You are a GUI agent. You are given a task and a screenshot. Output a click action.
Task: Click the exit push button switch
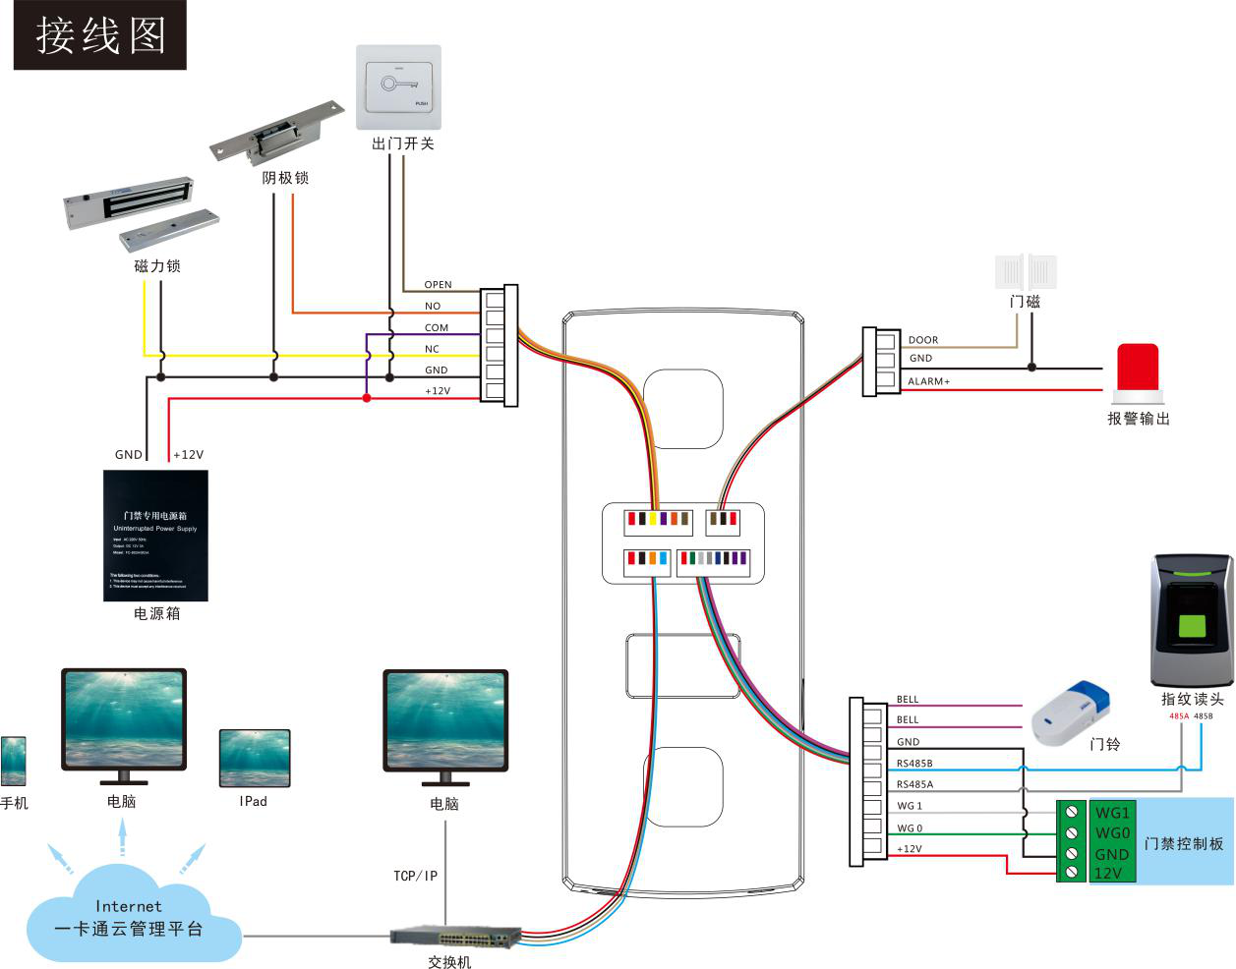[x=398, y=86]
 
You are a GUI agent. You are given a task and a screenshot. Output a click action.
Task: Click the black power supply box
[x=156, y=536]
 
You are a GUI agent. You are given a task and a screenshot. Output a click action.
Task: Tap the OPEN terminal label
[x=438, y=285]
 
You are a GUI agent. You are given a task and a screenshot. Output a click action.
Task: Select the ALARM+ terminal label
[x=928, y=381]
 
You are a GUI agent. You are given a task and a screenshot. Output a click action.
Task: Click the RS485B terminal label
[x=914, y=764]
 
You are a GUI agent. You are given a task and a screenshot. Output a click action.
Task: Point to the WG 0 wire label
[x=910, y=828]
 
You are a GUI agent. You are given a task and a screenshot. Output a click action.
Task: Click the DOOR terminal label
[x=922, y=340]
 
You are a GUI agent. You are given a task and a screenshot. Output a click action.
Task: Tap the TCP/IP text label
[x=415, y=876]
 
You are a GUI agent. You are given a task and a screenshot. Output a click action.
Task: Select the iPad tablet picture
[x=255, y=758]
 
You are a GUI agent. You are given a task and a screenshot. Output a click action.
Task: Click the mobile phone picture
[x=14, y=761]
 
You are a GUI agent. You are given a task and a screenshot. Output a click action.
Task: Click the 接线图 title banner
[x=100, y=35]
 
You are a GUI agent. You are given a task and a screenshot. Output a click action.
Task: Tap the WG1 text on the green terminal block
[x=1112, y=813]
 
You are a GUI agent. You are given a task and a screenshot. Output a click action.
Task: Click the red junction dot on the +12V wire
[x=367, y=398]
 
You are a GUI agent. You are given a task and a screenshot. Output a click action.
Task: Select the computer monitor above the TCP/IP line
[x=445, y=722]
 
